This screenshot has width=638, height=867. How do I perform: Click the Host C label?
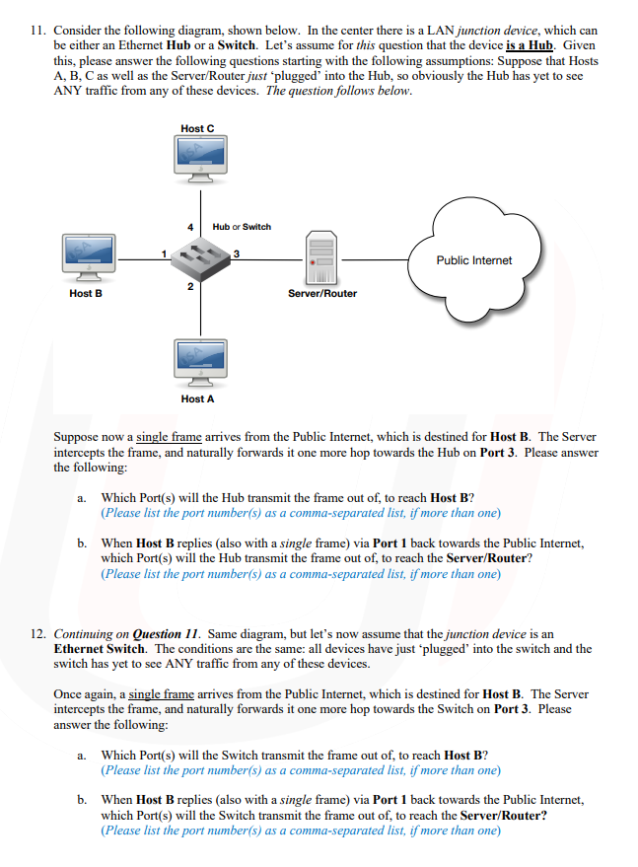tap(197, 128)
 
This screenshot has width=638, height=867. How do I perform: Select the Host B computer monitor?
tap(87, 255)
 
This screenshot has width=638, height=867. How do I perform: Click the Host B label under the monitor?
tap(86, 293)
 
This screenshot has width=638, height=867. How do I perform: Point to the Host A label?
tap(197, 398)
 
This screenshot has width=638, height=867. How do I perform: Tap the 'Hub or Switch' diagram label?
tap(243, 227)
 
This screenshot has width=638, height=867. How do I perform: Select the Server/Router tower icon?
tap(321, 257)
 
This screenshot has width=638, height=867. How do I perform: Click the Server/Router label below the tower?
tap(322, 293)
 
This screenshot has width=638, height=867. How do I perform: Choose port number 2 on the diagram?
tap(189, 287)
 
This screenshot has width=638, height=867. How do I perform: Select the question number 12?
tap(37, 634)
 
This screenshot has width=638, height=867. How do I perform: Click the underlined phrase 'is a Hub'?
tap(532, 45)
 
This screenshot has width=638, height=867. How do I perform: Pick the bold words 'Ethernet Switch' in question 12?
tap(100, 649)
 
